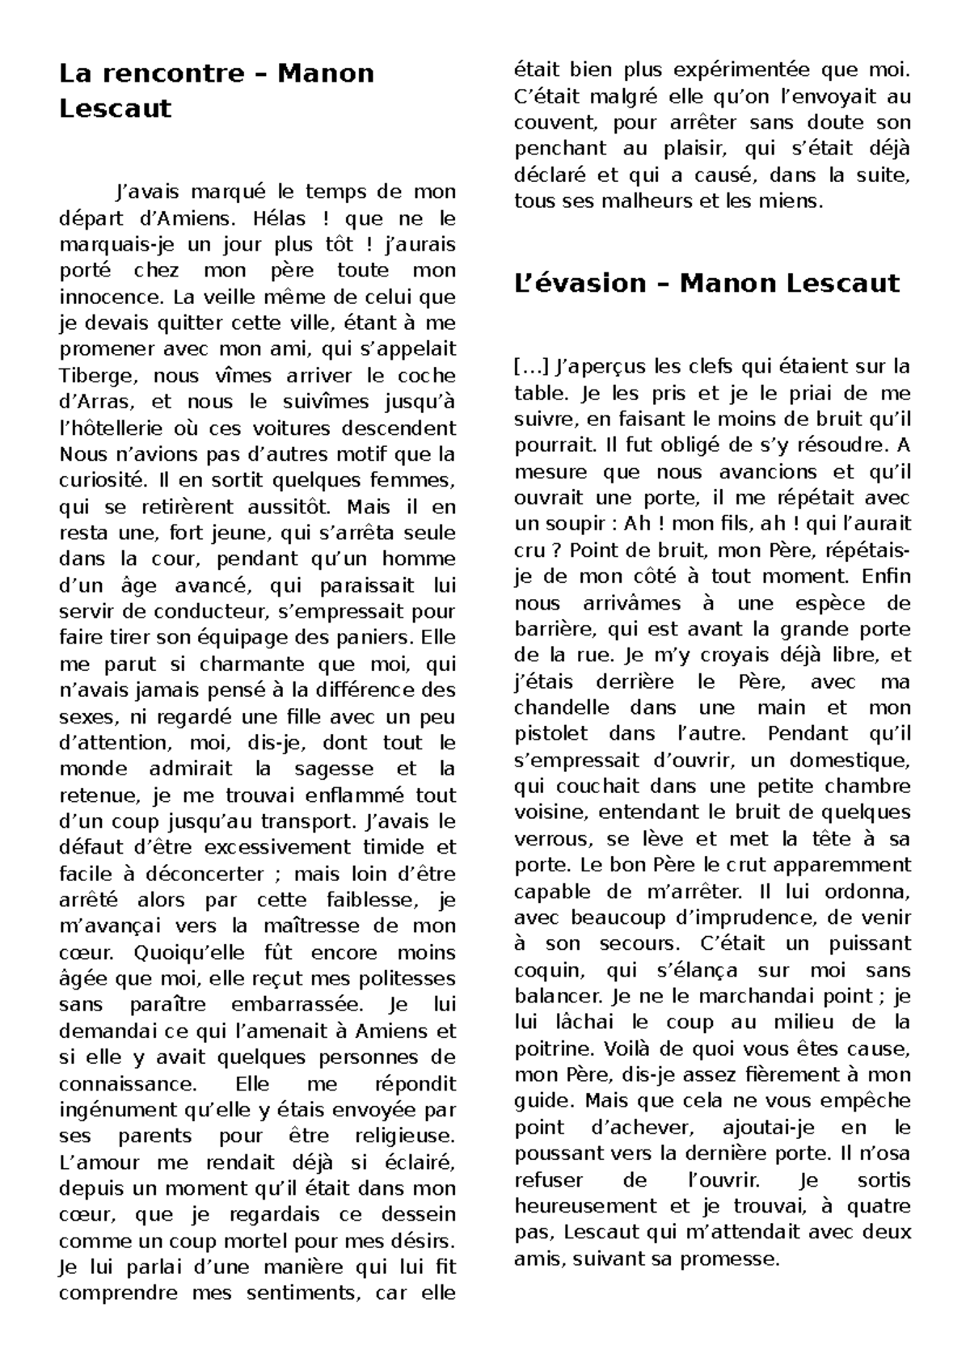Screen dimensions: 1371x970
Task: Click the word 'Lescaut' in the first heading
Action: (x=116, y=108)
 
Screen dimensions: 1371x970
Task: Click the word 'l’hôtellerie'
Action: (x=117, y=428)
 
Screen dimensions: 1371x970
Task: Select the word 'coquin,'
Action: (x=547, y=970)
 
